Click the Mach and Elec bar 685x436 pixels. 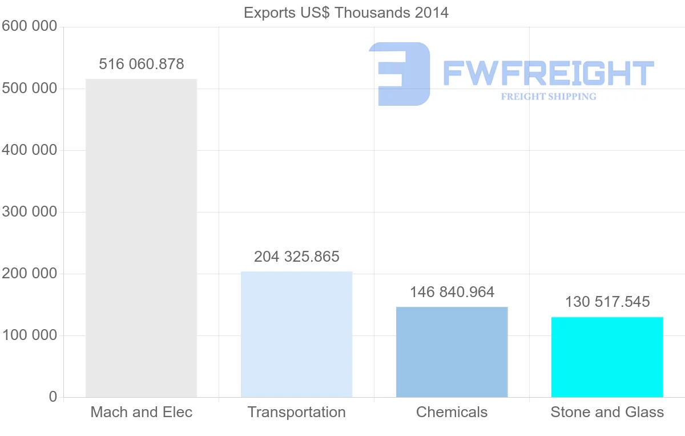[x=141, y=238]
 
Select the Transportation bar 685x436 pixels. [x=296, y=334]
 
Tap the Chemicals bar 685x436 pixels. [x=452, y=352]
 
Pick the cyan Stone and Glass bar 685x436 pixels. [x=607, y=357]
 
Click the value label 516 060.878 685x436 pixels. [x=142, y=64]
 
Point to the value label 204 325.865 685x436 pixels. [x=297, y=257]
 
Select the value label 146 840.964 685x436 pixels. [x=452, y=292]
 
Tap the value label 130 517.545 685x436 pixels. [x=607, y=302]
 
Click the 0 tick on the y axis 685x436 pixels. [x=53, y=397]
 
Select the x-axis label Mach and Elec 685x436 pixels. [x=142, y=412]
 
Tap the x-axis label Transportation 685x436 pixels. [x=297, y=412]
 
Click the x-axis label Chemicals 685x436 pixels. [x=452, y=412]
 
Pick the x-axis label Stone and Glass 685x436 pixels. [x=607, y=412]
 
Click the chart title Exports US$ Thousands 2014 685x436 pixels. [x=346, y=13]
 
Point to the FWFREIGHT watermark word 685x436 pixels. [x=548, y=73]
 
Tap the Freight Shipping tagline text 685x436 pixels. [x=549, y=97]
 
